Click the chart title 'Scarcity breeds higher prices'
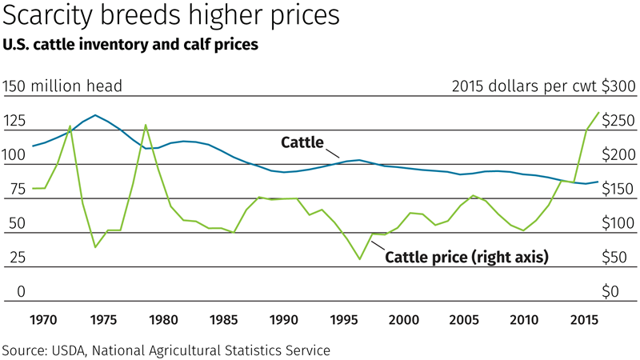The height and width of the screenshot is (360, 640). tap(171, 16)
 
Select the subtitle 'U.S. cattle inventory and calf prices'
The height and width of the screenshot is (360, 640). tap(130, 46)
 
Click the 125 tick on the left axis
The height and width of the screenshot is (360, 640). tap(17, 121)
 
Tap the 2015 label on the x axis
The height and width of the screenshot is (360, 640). tap(583, 320)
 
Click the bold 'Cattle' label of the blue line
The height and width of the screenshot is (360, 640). tap(302, 143)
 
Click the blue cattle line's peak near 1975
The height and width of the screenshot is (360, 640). tap(96, 115)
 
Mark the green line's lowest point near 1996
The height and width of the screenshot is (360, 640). tap(360, 259)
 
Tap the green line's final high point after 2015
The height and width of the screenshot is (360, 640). tap(598, 112)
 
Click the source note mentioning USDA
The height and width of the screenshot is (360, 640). tap(166, 350)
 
